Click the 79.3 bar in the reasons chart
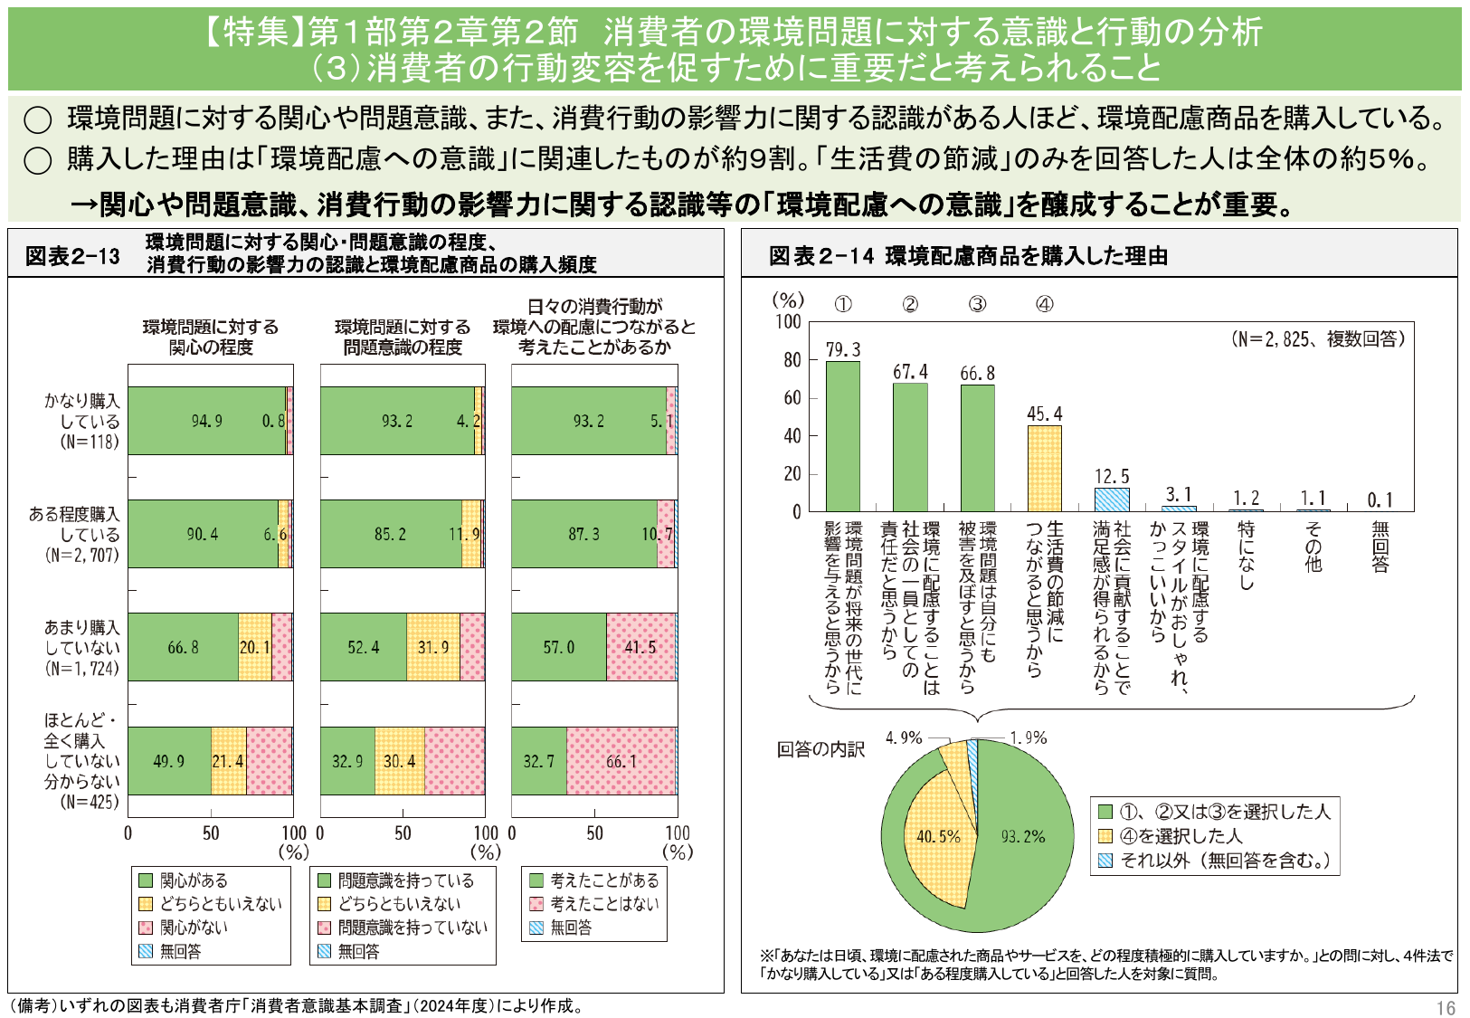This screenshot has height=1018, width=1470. point(842,436)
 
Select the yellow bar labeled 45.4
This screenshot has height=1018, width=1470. point(1044,469)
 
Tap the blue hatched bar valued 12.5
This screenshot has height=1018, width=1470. point(1111,500)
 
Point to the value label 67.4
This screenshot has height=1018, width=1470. point(910,372)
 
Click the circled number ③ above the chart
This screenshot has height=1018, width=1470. point(977,304)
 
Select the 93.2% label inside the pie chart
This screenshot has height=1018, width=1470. point(1022,837)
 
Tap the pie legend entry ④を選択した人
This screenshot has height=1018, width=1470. point(1180,836)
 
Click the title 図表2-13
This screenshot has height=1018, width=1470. point(72,256)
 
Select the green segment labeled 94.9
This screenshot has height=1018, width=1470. point(206,421)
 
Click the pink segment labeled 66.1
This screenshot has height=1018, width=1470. point(621,761)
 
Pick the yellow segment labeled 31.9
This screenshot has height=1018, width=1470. point(432,647)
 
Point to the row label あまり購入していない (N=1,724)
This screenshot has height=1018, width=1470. point(81,647)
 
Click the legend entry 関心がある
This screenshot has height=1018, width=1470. point(194,880)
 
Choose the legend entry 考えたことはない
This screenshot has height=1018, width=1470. point(603,904)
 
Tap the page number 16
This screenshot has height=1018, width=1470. point(1445,1008)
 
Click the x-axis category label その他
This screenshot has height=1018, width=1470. point(1313,547)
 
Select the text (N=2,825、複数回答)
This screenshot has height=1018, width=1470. point(1317,339)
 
